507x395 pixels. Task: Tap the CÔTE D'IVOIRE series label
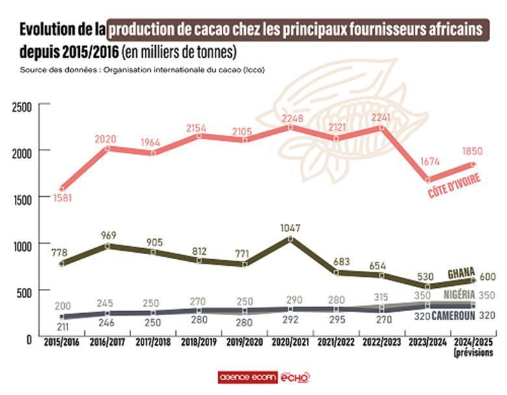[454, 185]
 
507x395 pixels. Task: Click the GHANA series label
[462, 273]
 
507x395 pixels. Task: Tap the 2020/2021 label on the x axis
[290, 340]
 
